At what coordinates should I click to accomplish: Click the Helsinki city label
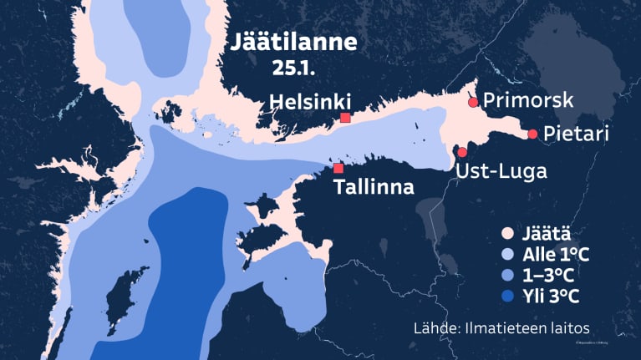[x=309, y=103]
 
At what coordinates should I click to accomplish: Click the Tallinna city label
[x=374, y=187]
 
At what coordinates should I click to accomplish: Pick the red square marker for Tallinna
[x=338, y=169]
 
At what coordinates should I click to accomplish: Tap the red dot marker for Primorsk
[x=473, y=102]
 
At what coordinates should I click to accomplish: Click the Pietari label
[x=576, y=134]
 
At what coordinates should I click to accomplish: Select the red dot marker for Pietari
[x=532, y=134]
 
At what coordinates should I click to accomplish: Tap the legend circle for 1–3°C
[x=506, y=276]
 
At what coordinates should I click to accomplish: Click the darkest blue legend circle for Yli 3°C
[x=506, y=296]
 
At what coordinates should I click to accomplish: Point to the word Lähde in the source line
[x=431, y=327]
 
